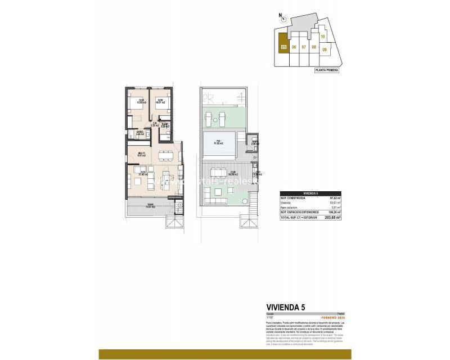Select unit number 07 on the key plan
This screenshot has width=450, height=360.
click(x=304, y=47)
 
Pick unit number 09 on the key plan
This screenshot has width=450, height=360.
click(x=325, y=50)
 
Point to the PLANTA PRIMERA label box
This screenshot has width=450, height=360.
click(x=327, y=70)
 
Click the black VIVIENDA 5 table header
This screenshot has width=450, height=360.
click(x=311, y=193)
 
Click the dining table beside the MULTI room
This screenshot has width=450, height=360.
click(x=165, y=155)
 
